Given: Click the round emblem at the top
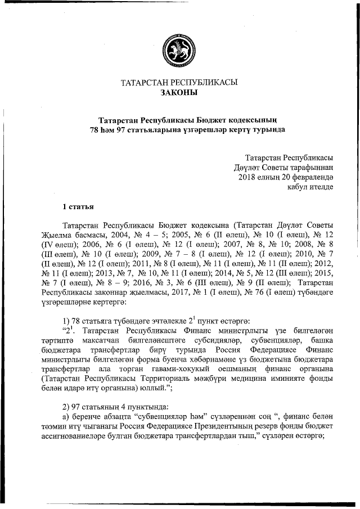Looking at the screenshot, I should coord(179,48).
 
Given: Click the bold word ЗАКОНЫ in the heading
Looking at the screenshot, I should coord(179,92).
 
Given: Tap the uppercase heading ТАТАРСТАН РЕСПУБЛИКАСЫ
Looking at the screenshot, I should coord(179,82).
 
